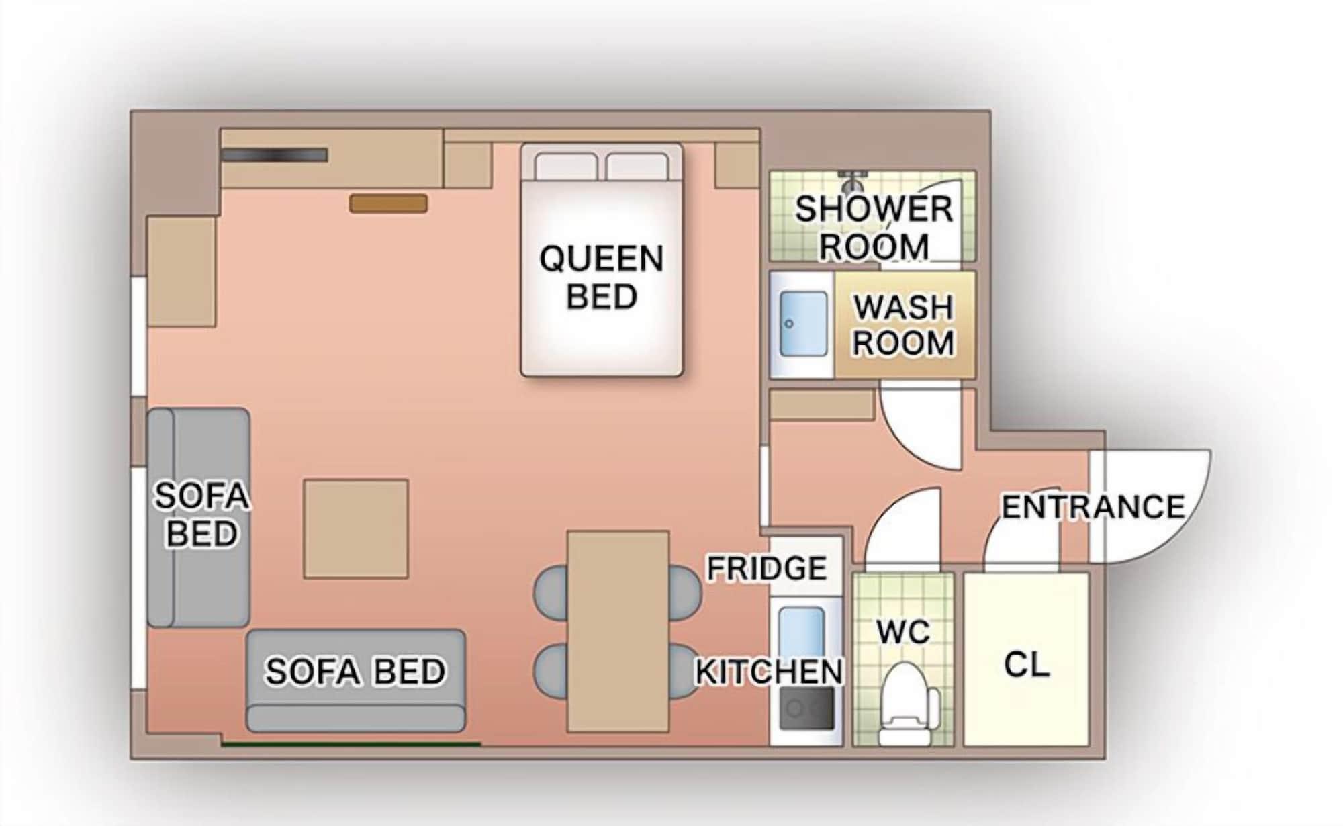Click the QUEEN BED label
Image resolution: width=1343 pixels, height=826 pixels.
pos(601,277)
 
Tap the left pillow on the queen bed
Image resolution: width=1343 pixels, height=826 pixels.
pos(566,167)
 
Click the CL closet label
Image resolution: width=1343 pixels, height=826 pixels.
pos(1026,665)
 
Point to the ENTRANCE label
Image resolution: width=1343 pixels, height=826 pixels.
pos(1093,507)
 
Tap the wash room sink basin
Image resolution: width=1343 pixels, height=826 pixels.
pos(803,324)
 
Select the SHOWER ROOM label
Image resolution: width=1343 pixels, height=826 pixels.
pos(874,228)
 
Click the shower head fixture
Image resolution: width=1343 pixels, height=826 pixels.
pos(853,179)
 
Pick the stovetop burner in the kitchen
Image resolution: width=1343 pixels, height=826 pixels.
pos(806,708)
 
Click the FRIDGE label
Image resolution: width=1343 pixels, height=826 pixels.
pos(767,569)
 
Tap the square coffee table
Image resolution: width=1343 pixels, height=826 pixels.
pos(355,529)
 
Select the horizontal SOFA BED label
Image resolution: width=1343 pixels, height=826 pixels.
pos(355,671)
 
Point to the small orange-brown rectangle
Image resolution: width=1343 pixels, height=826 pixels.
pos(388,203)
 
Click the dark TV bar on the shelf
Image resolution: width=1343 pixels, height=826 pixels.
pos(273,155)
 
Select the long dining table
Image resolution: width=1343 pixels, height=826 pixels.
pos(618,631)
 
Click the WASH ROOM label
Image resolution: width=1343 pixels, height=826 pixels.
pos(903,325)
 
